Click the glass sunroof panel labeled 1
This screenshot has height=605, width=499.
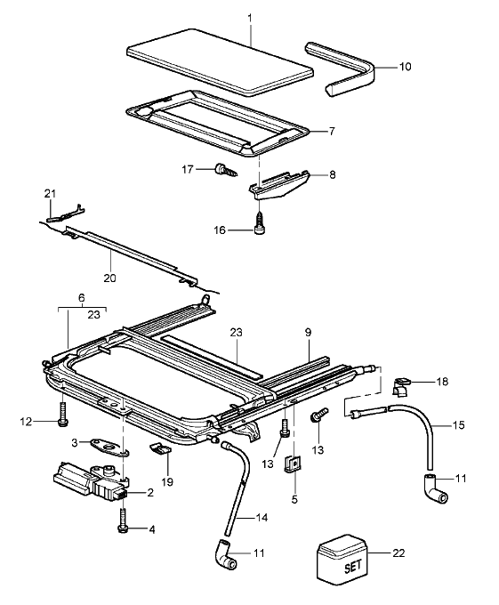220,61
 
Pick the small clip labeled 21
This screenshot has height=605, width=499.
66,214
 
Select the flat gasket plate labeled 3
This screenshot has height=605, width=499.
108,447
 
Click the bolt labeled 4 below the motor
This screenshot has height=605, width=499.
123,520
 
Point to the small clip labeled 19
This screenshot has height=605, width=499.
160,448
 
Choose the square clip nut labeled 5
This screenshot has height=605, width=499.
294,463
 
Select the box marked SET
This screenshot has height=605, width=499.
342,560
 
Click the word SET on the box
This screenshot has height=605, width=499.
352,567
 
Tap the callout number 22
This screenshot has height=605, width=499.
398,553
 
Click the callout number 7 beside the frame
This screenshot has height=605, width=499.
332,131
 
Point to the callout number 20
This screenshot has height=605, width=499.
110,278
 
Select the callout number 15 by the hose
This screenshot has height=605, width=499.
458,424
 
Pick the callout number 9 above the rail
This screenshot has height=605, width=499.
308,332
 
